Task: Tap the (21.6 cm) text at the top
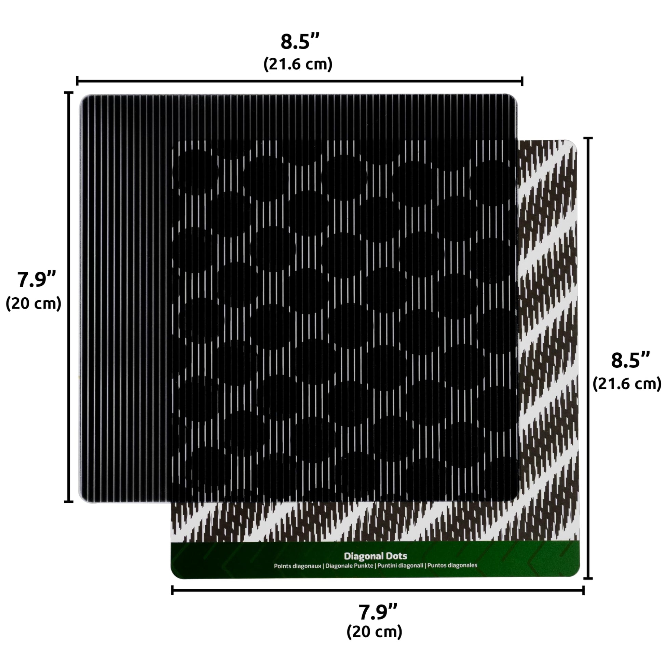(298, 64)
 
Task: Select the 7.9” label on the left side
(37, 279)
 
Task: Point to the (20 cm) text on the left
(33, 303)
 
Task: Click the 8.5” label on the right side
(630, 361)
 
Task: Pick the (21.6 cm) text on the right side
(627, 383)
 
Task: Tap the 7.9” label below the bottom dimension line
(378, 612)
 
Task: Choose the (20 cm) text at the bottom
(375, 632)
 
